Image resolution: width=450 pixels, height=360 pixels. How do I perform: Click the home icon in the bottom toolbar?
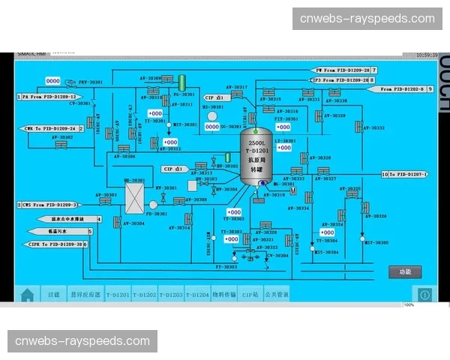coord(28,295)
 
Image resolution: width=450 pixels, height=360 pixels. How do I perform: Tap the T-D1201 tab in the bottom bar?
coord(118,295)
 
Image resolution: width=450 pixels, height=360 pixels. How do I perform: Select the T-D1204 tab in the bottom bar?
coord(197,295)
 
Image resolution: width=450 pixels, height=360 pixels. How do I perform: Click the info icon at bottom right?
coord(424,295)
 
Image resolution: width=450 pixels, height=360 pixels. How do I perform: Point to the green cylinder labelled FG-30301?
coord(181,82)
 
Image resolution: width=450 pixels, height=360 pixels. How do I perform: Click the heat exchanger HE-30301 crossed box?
coord(134,199)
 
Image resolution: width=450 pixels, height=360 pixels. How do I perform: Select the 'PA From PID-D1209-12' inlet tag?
coord(48,97)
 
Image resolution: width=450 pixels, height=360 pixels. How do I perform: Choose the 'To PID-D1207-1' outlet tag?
coord(418,174)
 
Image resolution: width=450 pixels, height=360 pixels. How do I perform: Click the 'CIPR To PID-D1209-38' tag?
coord(49,244)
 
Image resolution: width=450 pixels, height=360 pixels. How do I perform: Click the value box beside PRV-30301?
coord(53,81)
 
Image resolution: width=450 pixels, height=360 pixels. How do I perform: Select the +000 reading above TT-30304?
coord(327,232)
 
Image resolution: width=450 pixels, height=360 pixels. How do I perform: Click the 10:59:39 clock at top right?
coord(426,54)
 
